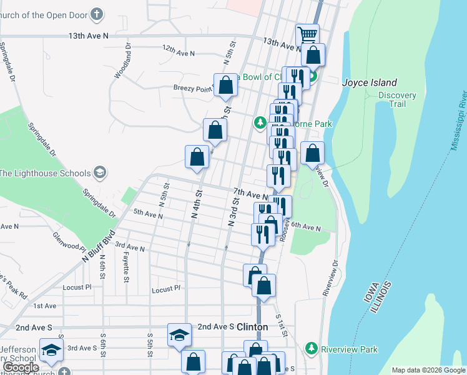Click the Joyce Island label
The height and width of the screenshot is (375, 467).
tap(369, 82)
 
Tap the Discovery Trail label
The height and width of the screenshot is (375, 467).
tap(397, 99)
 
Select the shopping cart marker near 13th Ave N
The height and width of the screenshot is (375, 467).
tap(307, 35)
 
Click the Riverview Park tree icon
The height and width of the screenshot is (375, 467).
tap(311, 347)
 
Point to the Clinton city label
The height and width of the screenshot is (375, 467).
tap(252, 327)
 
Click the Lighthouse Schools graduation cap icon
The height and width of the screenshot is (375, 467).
tap(99, 172)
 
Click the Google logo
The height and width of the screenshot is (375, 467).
tap(21, 367)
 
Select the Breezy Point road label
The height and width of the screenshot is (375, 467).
tap(193, 89)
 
